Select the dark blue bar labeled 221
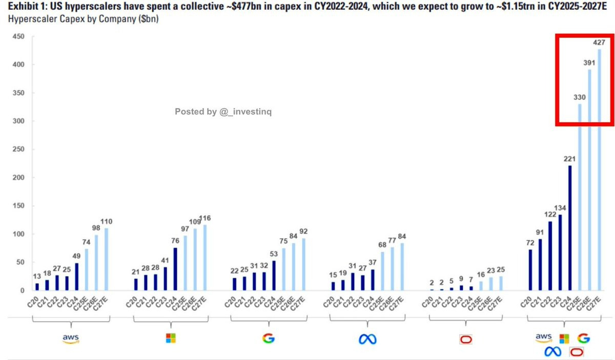569,228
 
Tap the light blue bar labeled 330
580,197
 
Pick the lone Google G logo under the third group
268,338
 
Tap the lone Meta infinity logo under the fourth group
367,339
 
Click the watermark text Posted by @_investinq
223,112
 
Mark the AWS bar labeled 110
107,259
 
